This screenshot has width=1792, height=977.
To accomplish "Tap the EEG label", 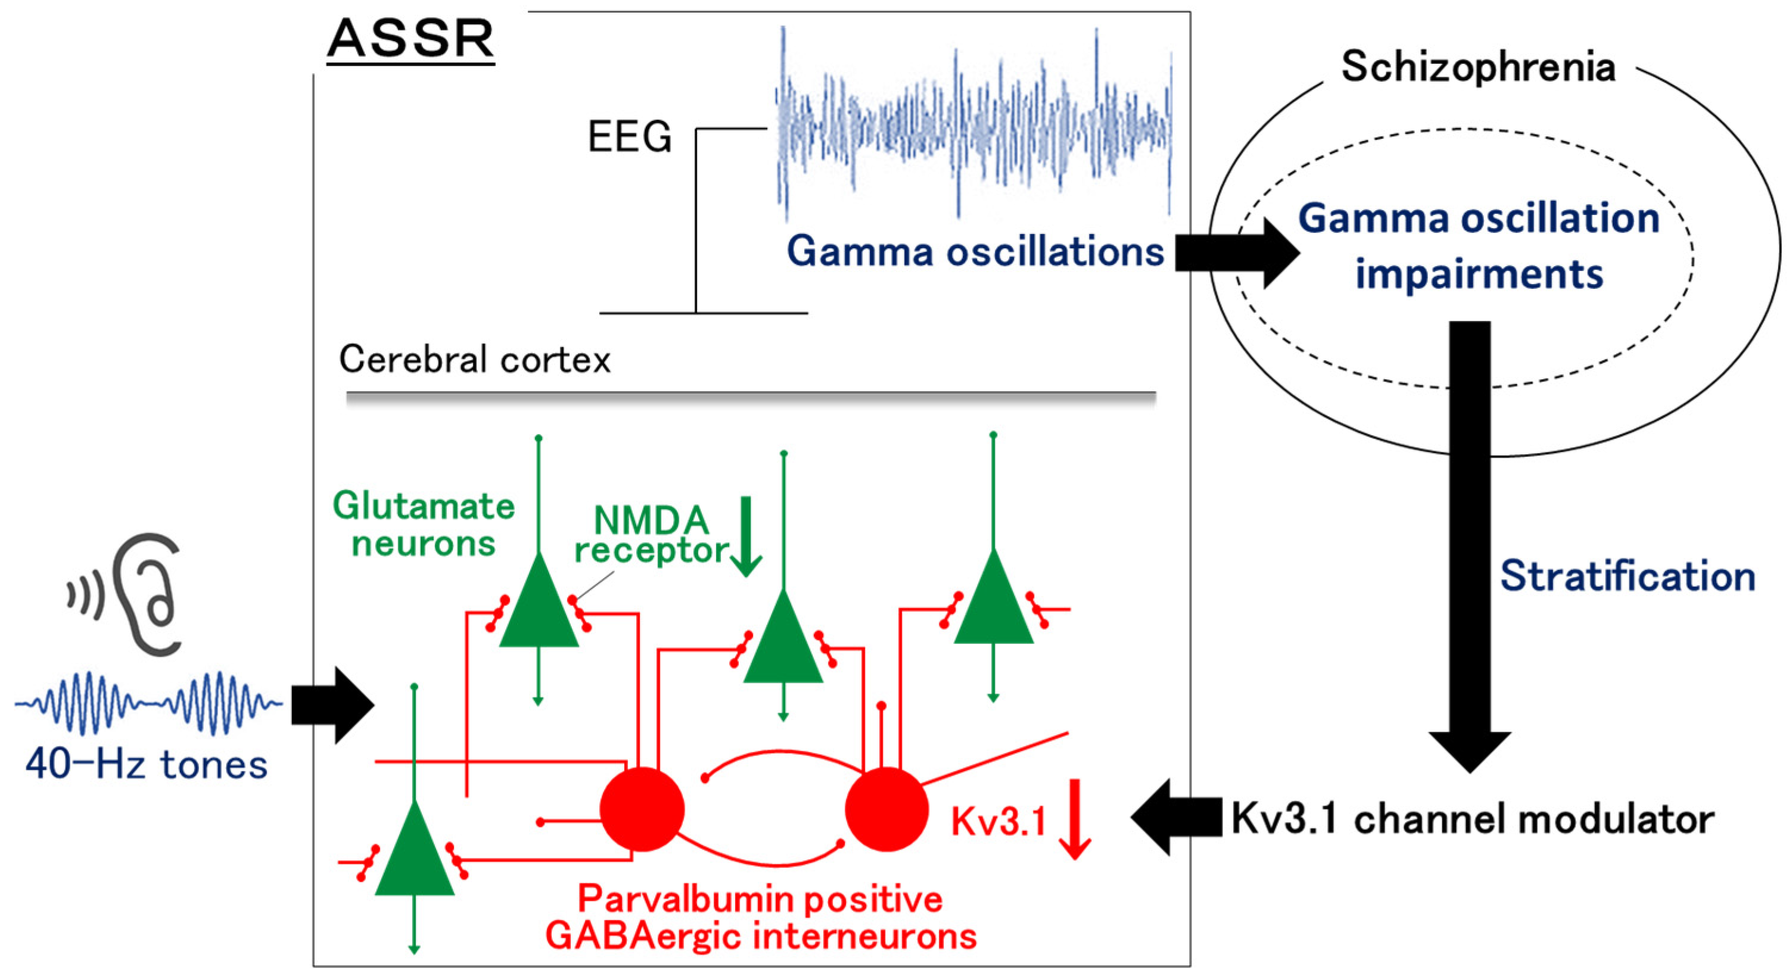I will tap(630, 136).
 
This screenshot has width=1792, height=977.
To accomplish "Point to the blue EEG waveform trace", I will tap(974, 125).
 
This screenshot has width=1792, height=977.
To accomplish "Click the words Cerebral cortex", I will tap(474, 360).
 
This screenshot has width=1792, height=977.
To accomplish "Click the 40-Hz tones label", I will tap(146, 764).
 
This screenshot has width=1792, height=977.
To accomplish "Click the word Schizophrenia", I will tap(1477, 67).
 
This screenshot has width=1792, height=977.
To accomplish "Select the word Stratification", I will tap(1627, 576).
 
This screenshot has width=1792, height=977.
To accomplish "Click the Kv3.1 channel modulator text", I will tap(1472, 819).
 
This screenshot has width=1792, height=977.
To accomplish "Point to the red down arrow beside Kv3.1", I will tap(1075, 819).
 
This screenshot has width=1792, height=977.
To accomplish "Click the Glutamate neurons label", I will tap(424, 523).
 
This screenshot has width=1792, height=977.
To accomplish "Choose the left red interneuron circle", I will tap(642, 809).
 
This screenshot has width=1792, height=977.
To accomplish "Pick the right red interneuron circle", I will tap(886, 809).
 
